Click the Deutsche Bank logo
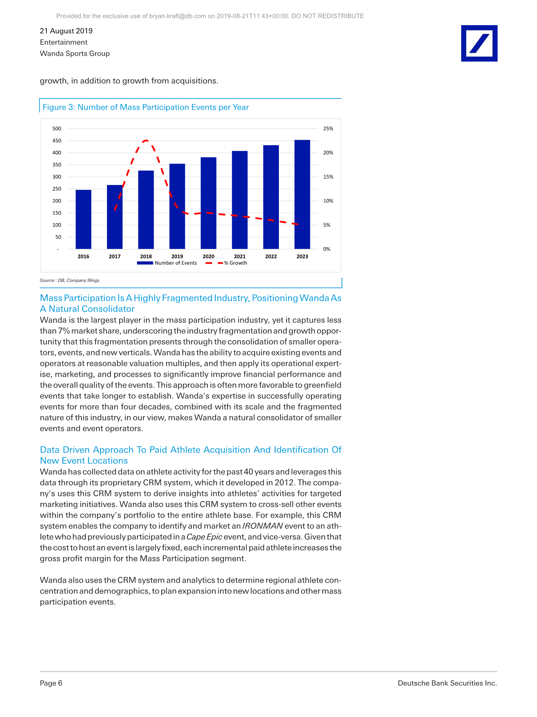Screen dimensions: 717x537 click(x=479, y=43)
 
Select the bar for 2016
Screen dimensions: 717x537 click(x=84, y=219)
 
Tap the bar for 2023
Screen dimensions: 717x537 click(x=302, y=194)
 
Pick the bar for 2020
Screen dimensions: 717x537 click(x=208, y=203)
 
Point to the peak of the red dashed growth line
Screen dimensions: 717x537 click(x=146, y=140)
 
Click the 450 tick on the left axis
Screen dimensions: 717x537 click(x=57, y=141)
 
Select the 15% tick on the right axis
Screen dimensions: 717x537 click(x=328, y=177)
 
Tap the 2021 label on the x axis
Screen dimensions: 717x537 click(x=239, y=257)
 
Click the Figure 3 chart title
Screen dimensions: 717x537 click(x=146, y=107)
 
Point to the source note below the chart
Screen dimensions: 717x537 click(x=70, y=280)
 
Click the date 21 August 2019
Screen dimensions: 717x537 click(x=66, y=31)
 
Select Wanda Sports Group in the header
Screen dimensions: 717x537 click(x=75, y=53)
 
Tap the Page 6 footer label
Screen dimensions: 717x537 click(x=51, y=683)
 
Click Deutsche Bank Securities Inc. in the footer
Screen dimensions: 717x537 click(x=447, y=683)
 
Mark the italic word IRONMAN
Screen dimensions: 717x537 click(x=262, y=526)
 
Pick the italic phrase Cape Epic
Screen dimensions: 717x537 click(x=204, y=537)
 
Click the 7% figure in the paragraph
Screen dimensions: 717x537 click(x=64, y=331)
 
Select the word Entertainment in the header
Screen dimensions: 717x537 click(x=64, y=42)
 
